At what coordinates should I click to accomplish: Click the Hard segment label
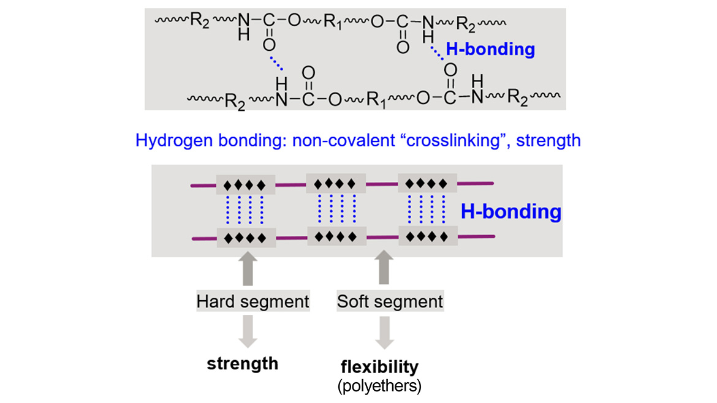point(252,301)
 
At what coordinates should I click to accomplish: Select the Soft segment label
point(390,301)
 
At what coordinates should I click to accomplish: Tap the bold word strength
point(243,363)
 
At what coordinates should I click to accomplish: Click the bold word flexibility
point(379,367)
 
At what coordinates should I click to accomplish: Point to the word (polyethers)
point(379,385)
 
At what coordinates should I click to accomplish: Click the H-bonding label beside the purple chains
point(510,212)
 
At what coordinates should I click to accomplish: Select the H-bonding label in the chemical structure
point(490,49)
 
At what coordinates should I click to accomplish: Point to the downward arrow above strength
point(247,331)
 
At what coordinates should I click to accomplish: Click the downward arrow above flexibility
point(384,331)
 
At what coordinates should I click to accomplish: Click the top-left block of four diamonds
point(244,184)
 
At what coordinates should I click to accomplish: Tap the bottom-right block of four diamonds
point(427,235)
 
